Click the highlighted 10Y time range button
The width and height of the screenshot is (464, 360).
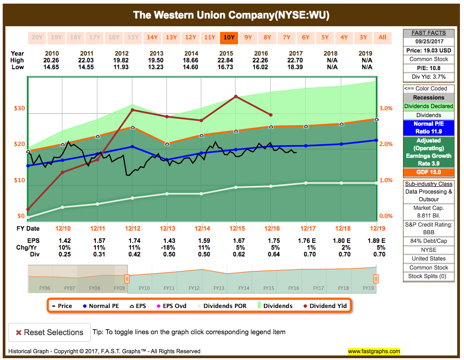click(229, 38)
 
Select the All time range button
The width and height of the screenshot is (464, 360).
click(382, 38)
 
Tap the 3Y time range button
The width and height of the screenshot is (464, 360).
click(363, 38)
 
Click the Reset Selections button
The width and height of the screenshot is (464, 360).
click(49, 332)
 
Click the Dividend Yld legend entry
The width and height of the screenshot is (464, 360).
click(325, 306)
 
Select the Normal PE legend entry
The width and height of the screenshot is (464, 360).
click(101, 306)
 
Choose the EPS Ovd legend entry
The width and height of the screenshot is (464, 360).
click(172, 306)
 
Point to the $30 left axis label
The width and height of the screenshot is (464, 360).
click(19, 109)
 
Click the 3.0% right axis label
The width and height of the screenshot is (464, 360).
click(386, 109)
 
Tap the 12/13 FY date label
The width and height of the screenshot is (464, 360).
click(168, 228)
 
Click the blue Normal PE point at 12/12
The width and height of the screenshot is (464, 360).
click(132, 147)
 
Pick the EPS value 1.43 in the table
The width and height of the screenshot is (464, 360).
click(169, 241)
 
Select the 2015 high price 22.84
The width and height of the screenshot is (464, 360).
click(226, 60)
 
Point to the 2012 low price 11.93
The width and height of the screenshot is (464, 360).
click(121, 67)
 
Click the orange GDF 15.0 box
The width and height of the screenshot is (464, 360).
click(428, 172)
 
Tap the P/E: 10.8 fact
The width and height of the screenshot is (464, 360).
click(428, 68)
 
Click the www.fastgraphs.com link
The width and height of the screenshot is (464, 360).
click(374, 351)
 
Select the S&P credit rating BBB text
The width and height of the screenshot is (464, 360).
click(428, 232)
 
